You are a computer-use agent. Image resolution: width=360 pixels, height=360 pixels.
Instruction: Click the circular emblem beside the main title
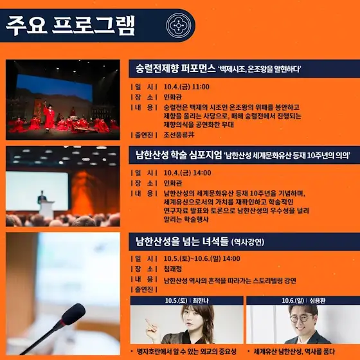[179, 26]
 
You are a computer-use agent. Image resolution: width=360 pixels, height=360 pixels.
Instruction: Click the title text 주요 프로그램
[70, 26]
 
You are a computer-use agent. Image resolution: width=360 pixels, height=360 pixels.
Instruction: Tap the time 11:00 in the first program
[201, 87]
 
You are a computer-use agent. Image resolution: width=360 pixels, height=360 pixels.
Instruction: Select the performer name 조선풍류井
[179, 134]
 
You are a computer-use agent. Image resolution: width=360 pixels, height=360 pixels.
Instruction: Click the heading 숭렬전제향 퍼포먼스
[175, 68]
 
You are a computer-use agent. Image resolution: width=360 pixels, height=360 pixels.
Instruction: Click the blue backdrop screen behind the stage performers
[55, 87]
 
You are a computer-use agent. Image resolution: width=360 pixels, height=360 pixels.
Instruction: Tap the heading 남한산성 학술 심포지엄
[179, 155]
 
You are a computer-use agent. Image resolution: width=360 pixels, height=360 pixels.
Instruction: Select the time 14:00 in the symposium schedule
[202, 173]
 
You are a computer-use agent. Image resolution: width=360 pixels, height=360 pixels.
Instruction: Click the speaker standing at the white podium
[42, 197]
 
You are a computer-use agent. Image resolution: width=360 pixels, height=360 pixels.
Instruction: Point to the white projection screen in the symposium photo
[37, 191]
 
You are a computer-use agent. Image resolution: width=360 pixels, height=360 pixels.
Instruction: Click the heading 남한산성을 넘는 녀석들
[182, 242]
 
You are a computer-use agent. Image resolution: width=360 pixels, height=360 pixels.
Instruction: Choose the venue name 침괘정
[173, 269]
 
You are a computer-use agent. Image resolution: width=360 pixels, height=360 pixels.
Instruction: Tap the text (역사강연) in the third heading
[248, 242]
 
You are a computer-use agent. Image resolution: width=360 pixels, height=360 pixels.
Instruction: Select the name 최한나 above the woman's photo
[201, 301]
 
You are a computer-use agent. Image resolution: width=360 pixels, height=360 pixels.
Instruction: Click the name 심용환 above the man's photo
[318, 301]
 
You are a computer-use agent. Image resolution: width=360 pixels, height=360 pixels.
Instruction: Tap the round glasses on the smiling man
[301, 318]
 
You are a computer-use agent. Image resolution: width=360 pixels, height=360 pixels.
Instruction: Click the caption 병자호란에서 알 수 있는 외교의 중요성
[186, 351]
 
